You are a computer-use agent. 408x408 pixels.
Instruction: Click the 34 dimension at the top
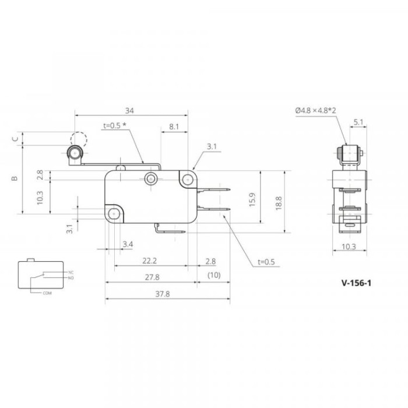coord(129,111)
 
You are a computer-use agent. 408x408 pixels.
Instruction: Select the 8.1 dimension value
coord(174,126)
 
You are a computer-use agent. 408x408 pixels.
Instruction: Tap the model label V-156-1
coord(356,283)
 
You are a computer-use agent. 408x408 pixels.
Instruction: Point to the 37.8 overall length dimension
coord(163,294)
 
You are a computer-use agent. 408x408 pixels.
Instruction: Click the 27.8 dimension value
coord(152,277)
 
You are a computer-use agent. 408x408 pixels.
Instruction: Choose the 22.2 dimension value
coord(150,261)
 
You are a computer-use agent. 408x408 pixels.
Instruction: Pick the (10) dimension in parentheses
coord(214,275)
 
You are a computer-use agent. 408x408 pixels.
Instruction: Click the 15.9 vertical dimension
coord(252,200)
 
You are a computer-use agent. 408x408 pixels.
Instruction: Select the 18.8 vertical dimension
coord(279,203)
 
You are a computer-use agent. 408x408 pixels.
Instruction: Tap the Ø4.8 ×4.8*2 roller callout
coord(316,111)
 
